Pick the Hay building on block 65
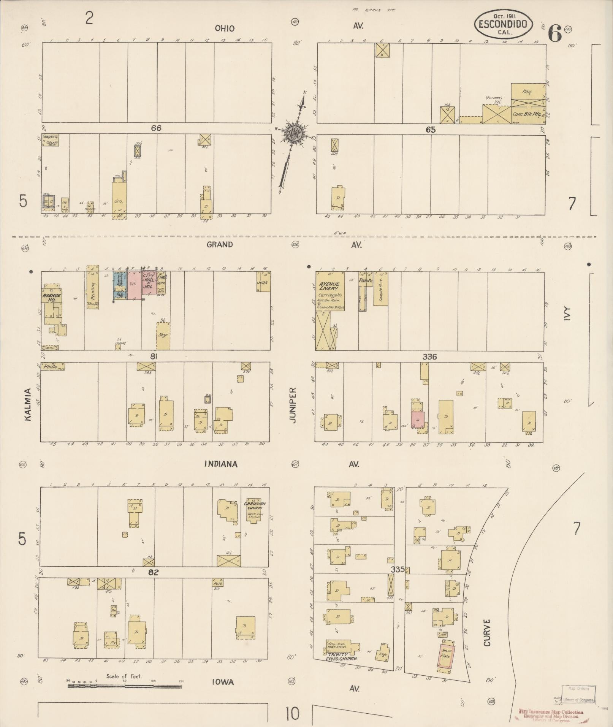(527, 92)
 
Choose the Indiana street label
(221, 464)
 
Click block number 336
(429, 357)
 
